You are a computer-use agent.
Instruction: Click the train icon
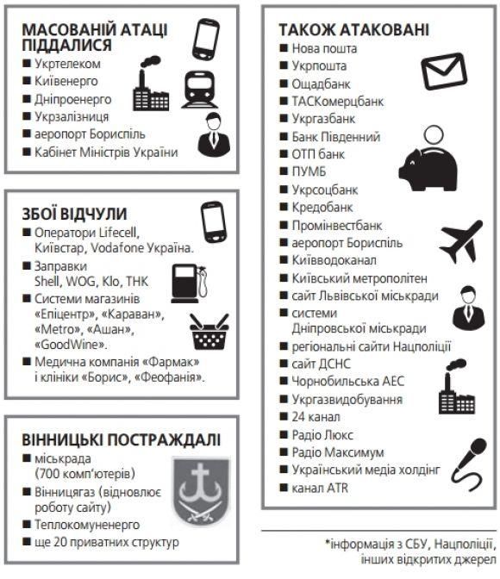point(197,89)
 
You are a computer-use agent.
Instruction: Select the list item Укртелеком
point(67,63)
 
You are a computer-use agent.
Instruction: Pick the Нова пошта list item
point(324,48)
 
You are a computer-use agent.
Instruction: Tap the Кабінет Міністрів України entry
point(106,153)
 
